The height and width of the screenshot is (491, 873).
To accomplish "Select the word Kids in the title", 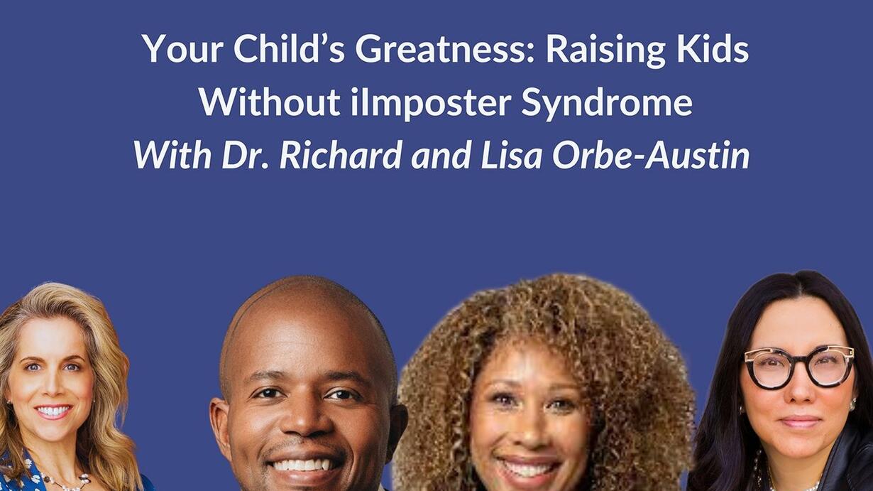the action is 713,49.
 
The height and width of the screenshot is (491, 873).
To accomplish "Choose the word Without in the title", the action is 270,102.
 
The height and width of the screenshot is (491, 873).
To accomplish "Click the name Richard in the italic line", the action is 341,155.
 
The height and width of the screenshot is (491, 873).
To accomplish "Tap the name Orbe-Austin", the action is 651,155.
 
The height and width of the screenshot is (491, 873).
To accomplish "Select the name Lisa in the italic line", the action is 511,155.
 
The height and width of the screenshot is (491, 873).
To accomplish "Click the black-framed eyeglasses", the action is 799,367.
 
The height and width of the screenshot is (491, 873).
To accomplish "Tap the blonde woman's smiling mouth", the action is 53,411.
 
